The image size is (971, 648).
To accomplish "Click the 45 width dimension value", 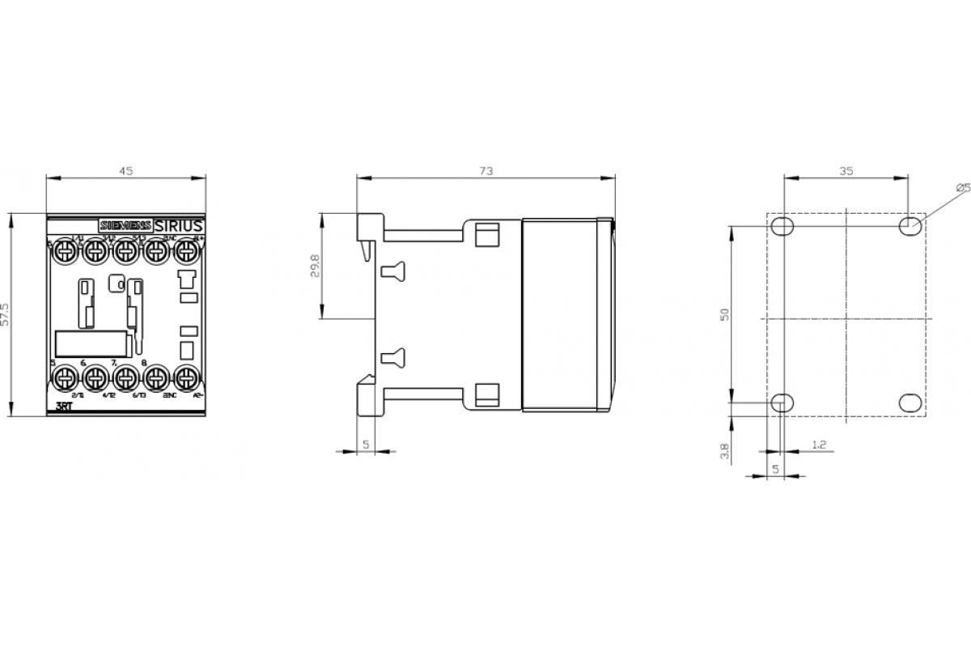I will pyautogui.click(x=126, y=171).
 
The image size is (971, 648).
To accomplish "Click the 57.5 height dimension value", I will pyautogui.click(x=6, y=313).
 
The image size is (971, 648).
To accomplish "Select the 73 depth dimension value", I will pyautogui.click(x=485, y=171).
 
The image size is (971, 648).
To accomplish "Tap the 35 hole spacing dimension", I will pyautogui.click(x=846, y=171).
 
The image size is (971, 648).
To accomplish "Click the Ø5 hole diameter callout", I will pyautogui.click(x=962, y=188).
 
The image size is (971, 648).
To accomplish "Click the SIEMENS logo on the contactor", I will pyautogui.click(x=124, y=224).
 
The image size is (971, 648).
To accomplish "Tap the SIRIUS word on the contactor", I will pyautogui.click(x=177, y=224).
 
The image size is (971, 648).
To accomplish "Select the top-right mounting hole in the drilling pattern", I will pyautogui.click(x=910, y=225).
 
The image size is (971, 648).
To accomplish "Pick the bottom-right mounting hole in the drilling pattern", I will pyautogui.click(x=910, y=401).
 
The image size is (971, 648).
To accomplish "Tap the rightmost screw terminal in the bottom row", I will pyautogui.click(x=187, y=377).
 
